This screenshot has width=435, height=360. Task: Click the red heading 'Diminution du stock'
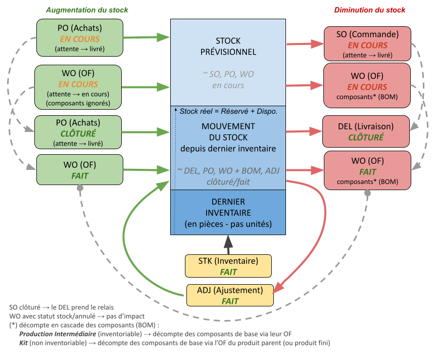[x=370, y=10]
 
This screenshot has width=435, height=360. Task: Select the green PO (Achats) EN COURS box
[x=80, y=38]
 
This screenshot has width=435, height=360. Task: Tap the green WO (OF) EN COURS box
[x=78, y=86]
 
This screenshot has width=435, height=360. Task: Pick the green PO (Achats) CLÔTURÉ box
[x=78, y=132]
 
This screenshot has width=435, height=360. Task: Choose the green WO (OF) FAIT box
[x=80, y=170]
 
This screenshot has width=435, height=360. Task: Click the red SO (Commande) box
[x=367, y=44]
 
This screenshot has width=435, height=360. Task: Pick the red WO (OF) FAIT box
[x=367, y=171]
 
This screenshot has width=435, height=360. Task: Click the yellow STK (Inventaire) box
[x=228, y=266]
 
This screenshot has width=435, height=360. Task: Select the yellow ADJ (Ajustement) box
[x=230, y=295]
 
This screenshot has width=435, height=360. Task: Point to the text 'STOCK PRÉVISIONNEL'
[x=228, y=46]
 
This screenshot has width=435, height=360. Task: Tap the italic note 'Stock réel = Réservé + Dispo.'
[x=228, y=111]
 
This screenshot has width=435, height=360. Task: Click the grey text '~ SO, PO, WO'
[x=228, y=74]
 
